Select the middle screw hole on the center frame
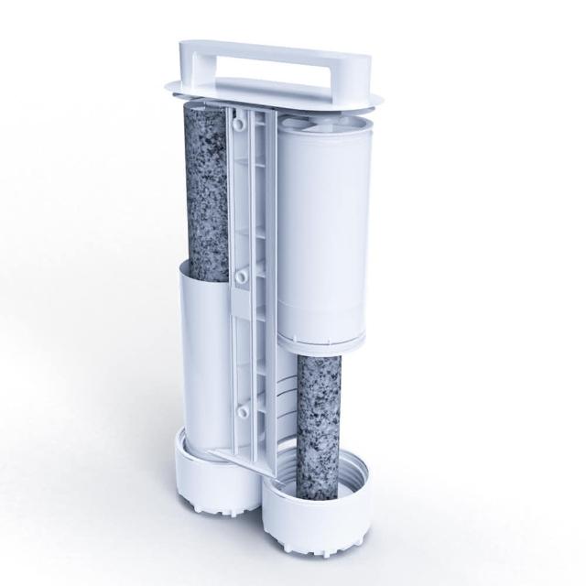[239, 274]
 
